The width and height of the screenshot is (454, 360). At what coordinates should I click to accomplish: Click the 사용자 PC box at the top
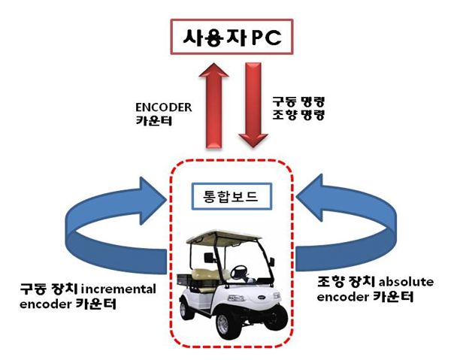(232, 37)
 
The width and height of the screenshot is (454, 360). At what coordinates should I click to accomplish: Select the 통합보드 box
(232, 196)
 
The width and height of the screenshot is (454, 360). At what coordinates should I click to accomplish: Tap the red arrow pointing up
(213, 105)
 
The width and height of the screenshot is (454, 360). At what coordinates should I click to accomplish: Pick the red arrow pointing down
(253, 105)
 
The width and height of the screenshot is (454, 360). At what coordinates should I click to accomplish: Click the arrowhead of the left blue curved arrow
(150, 200)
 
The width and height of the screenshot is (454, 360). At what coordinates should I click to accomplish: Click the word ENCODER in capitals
(164, 107)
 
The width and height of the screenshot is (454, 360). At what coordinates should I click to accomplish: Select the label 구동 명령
(298, 101)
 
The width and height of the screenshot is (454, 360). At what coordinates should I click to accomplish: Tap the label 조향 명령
(298, 115)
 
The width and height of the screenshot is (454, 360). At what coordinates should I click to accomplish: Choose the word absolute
(406, 282)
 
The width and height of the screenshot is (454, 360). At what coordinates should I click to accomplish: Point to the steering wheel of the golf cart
(238, 271)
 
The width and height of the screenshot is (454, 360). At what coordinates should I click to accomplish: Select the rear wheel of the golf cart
(184, 310)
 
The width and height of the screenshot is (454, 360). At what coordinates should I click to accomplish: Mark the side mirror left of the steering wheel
(209, 257)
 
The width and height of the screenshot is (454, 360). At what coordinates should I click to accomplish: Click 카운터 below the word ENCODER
(154, 120)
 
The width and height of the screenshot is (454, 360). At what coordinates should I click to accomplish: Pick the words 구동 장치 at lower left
(49, 289)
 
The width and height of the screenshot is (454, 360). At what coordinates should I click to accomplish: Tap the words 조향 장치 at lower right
(347, 281)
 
